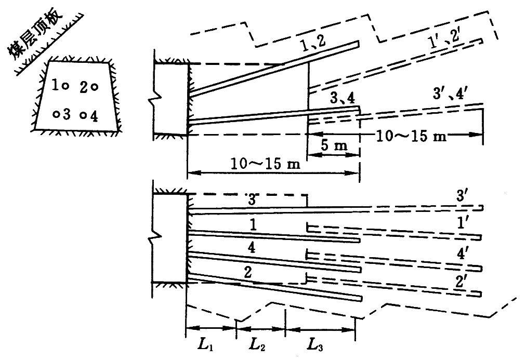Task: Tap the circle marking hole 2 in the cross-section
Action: pos(94,87)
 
